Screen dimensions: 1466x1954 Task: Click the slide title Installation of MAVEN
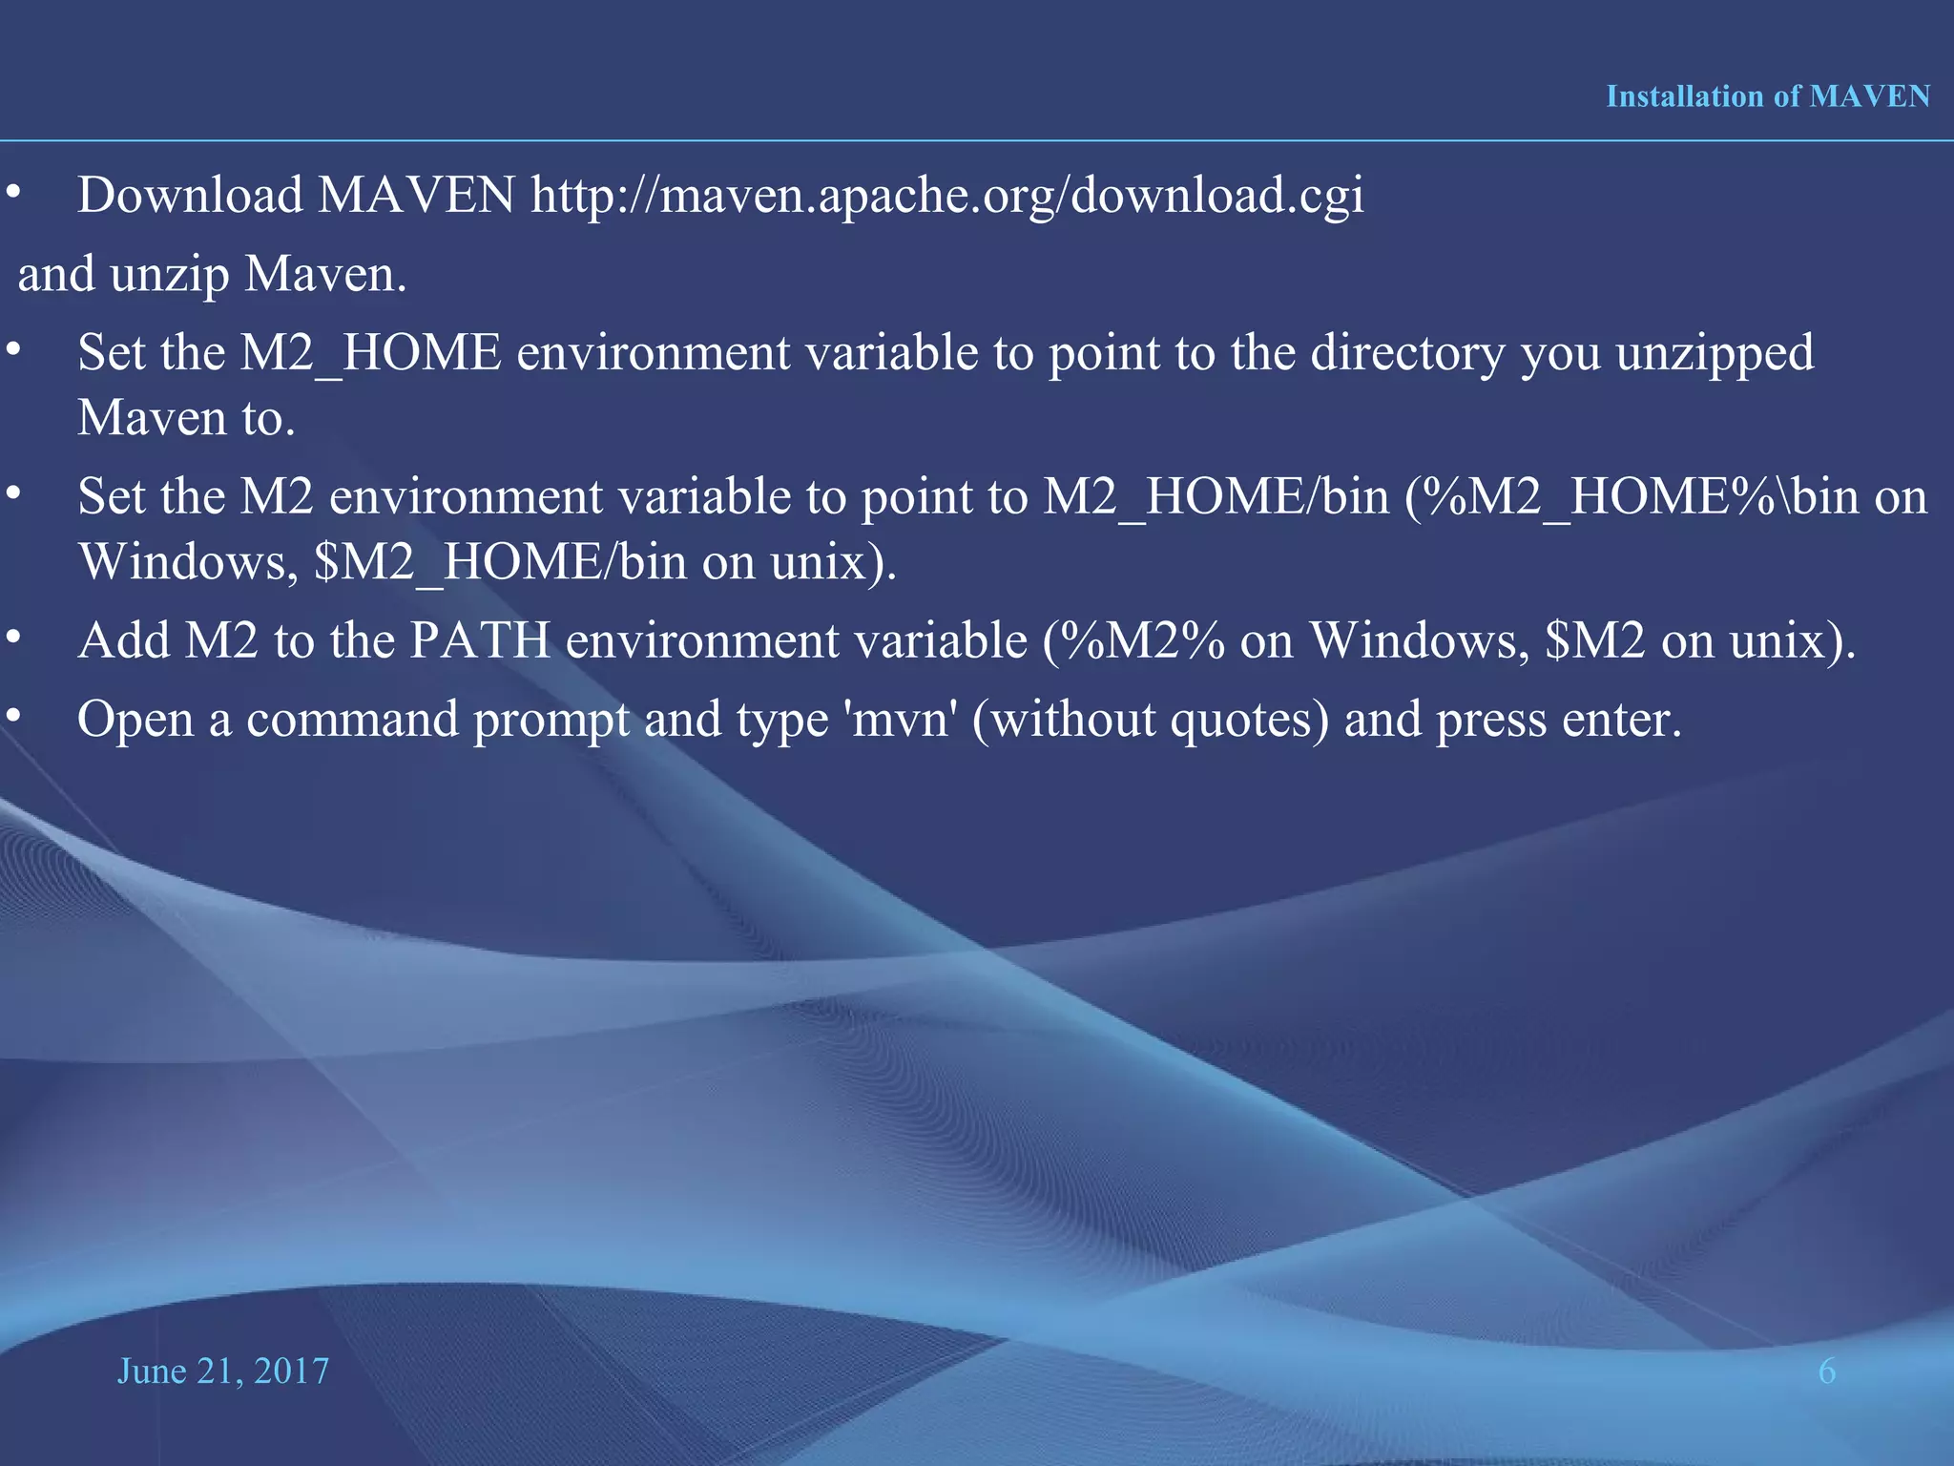click(x=1767, y=96)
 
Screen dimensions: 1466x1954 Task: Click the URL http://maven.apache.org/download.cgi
click(x=946, y=196)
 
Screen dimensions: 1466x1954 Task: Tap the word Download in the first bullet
click(x=190, y=196)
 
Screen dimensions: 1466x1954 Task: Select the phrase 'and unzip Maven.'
click(x=212, y=275)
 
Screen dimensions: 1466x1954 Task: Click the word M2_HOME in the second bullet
click(x=370, y=353)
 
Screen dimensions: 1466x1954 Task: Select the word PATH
click(x=480, y=640)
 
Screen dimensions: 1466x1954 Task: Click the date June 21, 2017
click(x=222, y=1372)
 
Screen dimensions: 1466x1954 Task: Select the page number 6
click(x=1826, y=1372)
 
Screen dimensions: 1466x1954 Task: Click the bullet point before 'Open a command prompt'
click(x=12, y=715)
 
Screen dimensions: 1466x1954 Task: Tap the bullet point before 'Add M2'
click(x=12, y=637)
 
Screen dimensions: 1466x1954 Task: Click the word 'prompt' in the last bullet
click(x=551, y=720)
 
